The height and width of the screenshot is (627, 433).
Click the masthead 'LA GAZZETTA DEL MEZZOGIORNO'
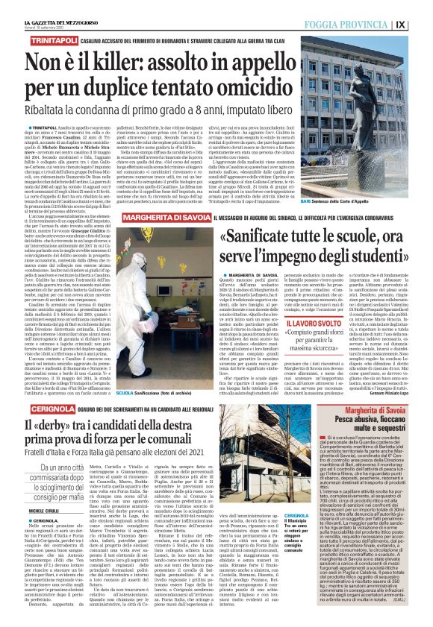39,5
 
